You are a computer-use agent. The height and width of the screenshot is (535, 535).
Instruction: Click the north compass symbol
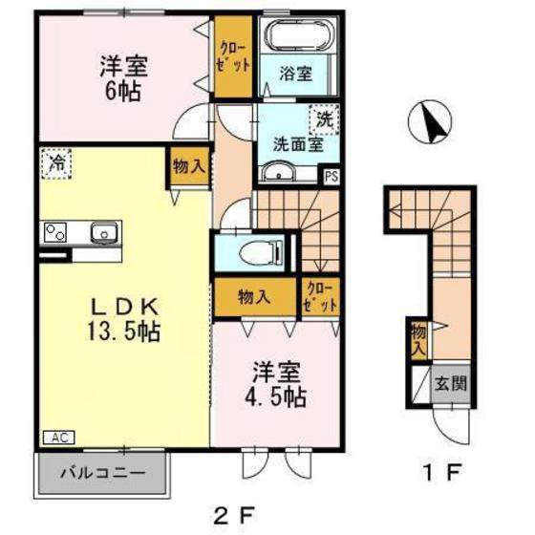(x=429, y=124)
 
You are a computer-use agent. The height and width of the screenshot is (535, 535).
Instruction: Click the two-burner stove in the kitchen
(x=54, y=231)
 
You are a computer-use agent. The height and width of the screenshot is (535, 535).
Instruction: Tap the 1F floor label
(x=444, y=473)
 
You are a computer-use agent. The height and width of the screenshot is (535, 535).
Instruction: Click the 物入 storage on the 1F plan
(x=417, y=340)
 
